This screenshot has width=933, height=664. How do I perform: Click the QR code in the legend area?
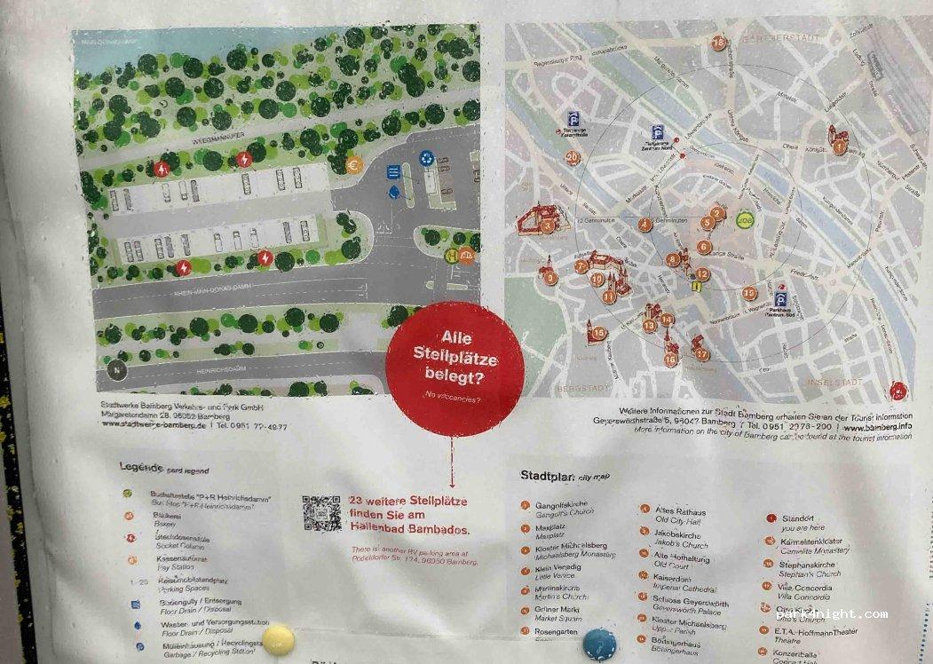pyautogui.click(x=321, y=513)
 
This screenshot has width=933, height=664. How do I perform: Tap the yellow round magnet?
pyautogui.click(x=278, y=638)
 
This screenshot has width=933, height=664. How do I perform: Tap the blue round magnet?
pyautogui.click(x=600, y=644)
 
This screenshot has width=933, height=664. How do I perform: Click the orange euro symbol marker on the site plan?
pyautogui.click(x=352, y=163)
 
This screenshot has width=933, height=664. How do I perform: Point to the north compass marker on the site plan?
pyautogui.click(x=115, y=366)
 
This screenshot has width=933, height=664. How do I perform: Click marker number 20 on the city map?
pyautogui.click(x=573, y=158)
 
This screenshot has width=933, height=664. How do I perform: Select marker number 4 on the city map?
pyautogui.click(x=645, y=225)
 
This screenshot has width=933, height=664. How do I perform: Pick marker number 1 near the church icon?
pyautogui.click(x=839, y=148)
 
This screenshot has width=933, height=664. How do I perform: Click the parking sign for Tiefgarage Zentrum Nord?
pyautogui.click(x=658, y=131)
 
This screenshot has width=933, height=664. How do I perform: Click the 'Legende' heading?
pyautogui.click(x=141, y=467)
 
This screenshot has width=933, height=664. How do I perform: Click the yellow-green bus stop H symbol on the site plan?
pyautogui.click(x=452, y=255)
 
